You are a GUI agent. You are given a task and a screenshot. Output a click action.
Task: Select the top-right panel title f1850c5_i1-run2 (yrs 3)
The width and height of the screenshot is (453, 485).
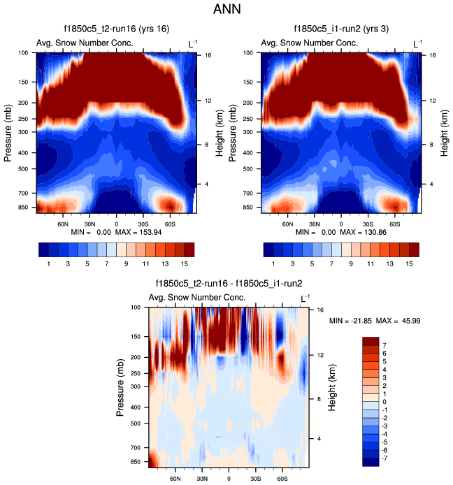tap(341, 29)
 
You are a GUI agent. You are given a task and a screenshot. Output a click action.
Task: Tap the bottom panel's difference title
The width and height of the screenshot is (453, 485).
tap(228, 284)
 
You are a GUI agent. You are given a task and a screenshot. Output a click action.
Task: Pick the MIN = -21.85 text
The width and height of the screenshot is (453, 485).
tap(350, 321)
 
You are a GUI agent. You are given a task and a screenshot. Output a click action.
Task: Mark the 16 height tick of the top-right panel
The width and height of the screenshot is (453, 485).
tap(433, 54)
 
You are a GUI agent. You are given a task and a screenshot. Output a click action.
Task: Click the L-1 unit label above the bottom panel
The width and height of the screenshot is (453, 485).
tap(305, 298)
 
